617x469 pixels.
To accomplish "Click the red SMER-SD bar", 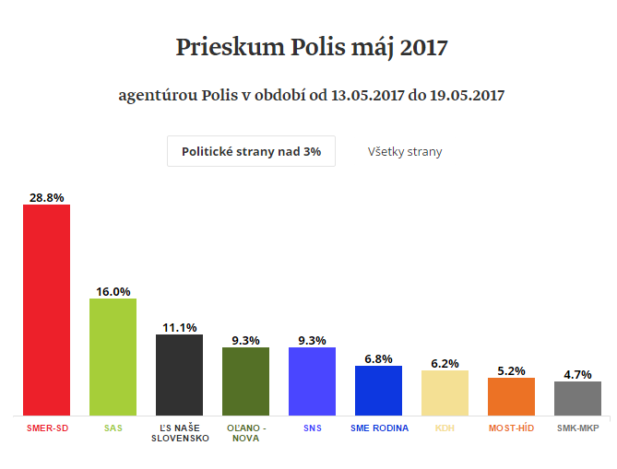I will (x=46, y=310).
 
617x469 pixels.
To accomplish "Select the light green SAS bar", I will (x=113, y=357).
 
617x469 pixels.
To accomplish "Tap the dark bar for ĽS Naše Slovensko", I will (x=179, y=375).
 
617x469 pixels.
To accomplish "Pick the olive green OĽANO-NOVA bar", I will (x=245, y=381).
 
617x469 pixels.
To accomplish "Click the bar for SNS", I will (x=312, y=381).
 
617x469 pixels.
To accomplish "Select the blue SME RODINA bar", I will (x=378, y=391).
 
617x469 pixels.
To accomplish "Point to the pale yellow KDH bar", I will (x=445, y=393).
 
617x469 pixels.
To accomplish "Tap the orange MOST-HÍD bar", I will (x=511, y=396).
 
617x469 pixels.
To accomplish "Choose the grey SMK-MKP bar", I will (x=577, y=398).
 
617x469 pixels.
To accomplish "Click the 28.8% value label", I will (x=46, y=197).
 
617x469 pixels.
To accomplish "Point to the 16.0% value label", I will (x=113, y=291).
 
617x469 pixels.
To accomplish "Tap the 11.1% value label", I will (x=179, y=327).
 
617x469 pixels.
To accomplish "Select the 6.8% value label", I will (x=378, y=358).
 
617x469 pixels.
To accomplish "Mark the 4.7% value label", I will (x=577, y=374).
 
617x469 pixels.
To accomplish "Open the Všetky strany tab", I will (x=405, y=151).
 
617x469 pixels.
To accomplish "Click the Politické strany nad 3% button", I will (x=251, y=151).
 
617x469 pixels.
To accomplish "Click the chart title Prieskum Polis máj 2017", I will (x=311, y=48).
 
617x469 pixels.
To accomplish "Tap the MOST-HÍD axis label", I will (x=511, y=428).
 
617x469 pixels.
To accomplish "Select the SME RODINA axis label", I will (x=379, y=428).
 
